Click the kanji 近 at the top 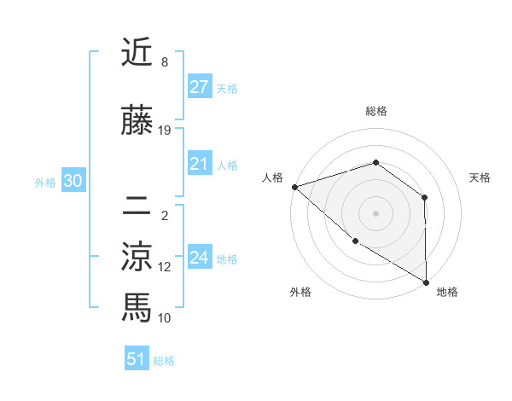pyautogui.click(x=137, y=53)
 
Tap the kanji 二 pyautogui.click(x=137, y=205)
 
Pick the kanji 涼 pyautogui.click(x=137, y=255)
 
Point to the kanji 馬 pyautogui.click(x=137, y=305)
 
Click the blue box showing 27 pyautogui.click(x=199, y=88)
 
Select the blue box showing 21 pyautogui.click(x=199, y=165)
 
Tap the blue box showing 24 pyautogui.click(x=199, y=259)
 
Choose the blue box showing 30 pyautogui.click(x=73, y=182)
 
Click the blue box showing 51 pyautogui.click(x=136, y=360)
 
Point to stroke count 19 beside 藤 pyautogui.click(x=165, y=131)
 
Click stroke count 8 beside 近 pyautogui.click(x=164, y=62)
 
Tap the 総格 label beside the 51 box pyautogui.click(x=164, y=361)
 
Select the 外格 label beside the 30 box pyautogui.click(x=45, y=183)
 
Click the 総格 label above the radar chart pyautogui.click(x=375, y=111)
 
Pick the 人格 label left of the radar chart pyautogui.click(x=272, y=177)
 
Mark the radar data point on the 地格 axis pyautogui.click(x=425, y=282)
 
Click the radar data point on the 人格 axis pyautogui.click(x=294, y=186)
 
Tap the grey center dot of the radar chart pyautogui.click(x=375, y=212)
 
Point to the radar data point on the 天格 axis pyautogui.click(x=424, y=197)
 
